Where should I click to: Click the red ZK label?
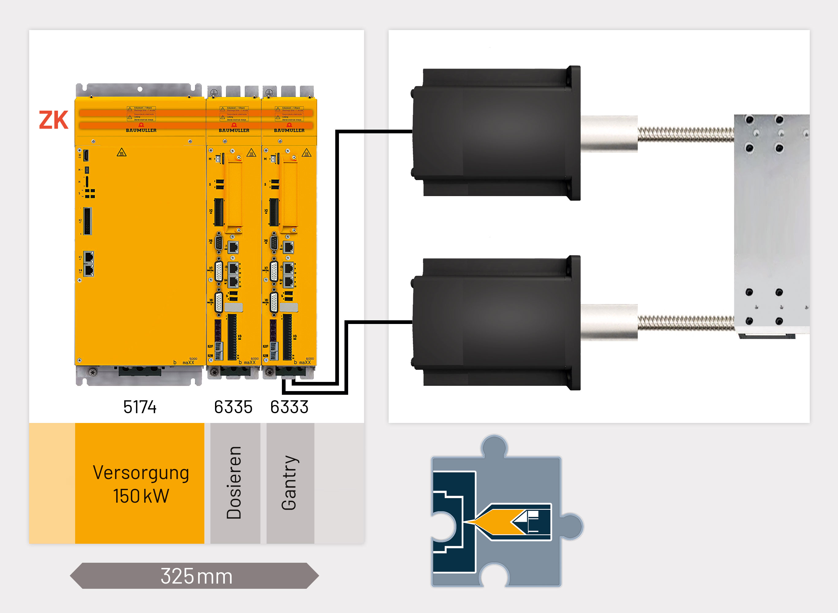(x=54, y=120)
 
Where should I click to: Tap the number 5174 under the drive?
(x=140, y=407)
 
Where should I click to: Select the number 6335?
(x=233, y=407)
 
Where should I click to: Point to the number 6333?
(x=289, y=407)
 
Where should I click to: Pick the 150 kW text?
(x=141, y=496)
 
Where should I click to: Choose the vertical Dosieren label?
(x=234, y=482)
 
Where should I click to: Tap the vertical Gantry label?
(x=289, y=482)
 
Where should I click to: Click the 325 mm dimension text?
(x=196, y=576)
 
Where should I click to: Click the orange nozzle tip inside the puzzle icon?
(x=494, y=522)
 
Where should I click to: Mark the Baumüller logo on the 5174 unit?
(x=141, y=130)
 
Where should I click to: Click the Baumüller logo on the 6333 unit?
(x=289, y=130)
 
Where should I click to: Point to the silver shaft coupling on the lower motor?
(x=609, y=322)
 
